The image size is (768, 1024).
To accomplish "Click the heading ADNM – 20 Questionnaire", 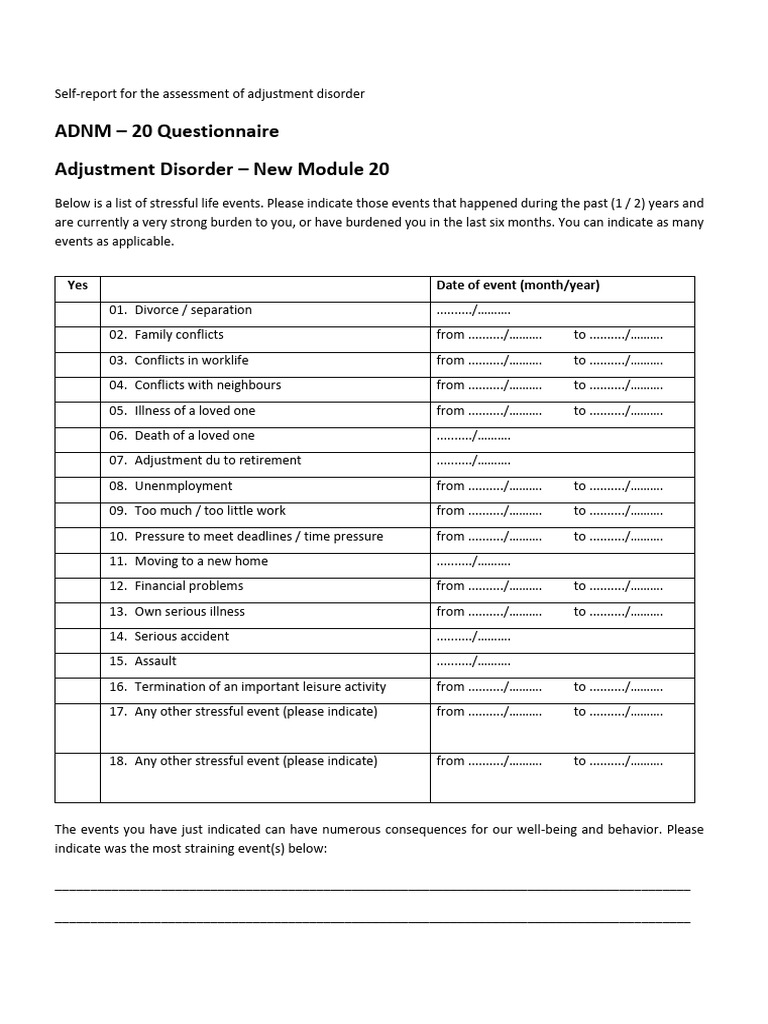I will [166, 131].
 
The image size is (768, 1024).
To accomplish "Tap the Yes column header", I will [77, 286].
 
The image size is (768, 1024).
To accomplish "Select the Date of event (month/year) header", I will [518, 286].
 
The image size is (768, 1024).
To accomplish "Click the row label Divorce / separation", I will [193, 310].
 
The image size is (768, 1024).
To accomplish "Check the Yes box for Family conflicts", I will [77, 335].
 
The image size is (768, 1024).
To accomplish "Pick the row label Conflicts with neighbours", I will [208, 385].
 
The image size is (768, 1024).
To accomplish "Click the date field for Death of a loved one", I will [474, 436].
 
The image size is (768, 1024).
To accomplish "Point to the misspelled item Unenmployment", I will [183, 486].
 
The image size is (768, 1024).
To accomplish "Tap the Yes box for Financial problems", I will [77, 587].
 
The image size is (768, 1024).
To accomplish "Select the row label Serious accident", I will [181, 637].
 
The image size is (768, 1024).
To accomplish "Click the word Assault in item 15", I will [155, 662].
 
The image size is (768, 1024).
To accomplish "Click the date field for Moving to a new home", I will [474, 562].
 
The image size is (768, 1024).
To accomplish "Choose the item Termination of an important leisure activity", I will [259, 687].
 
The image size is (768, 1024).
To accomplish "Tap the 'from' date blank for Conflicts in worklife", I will [505, 361].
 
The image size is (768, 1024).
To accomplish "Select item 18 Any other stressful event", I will [255, 762].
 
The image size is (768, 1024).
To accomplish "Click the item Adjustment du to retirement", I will [217, 461].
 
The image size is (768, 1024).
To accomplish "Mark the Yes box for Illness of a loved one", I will [77, 411].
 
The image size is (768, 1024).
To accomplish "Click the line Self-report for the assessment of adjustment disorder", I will [209, 94].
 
